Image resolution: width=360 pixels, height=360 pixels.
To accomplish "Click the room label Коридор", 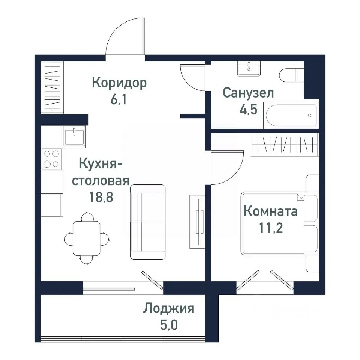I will pyautogui.click(x=119, y=83).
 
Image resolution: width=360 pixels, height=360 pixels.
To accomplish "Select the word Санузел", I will pyautogui.click(x=248, y=93).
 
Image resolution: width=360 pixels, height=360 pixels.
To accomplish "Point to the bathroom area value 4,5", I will pyautogui.click(x=248, y=111).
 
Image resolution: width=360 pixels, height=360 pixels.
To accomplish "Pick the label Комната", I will pyautogui.click(x=271, y=211).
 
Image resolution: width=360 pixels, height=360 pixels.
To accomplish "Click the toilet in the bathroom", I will pyautogui.click(x=291, y=75).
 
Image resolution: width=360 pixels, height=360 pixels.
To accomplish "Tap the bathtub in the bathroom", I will pyautogui.click(x=291, y=115).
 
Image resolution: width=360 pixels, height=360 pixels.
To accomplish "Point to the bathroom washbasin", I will pyautogui.click(x=248, y=69).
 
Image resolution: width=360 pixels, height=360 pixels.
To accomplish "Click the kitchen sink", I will pyautogui.click(x=74, y=136).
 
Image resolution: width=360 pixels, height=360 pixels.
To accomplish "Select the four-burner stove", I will pyautogui.click(x=52, y=159).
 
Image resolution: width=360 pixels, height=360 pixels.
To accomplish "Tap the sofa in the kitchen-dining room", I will pyautogui.click(x=148, y=221).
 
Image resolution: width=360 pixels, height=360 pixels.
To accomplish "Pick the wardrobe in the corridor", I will pyautogui.click(x=52, y=87).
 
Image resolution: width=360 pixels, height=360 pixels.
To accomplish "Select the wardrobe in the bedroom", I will pyautogui.click(x=284, y=144).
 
